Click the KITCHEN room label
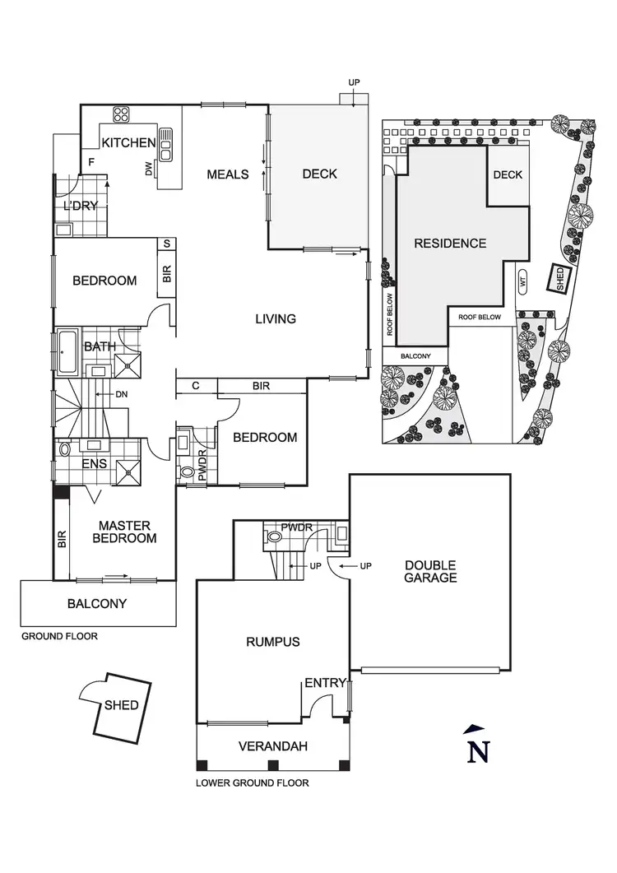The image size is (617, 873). tap(128, 142)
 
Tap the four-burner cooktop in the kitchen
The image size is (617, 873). tap(122, 114)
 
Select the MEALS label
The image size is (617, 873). tap(228, 174)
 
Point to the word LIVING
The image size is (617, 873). tap(275, 318)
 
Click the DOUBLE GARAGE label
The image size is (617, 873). tap(430, 571)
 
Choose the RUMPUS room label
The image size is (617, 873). tap(272, 642)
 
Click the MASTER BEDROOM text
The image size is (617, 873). tap(128, 532)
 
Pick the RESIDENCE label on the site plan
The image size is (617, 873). tap(450, 244)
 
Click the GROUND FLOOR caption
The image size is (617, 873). tap(59, 636)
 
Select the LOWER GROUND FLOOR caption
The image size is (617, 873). tap(253, 783)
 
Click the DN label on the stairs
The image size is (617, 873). tap(122, 395)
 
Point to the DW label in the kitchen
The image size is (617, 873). tap(149, 169)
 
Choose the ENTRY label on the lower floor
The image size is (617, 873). tap(325, 683)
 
